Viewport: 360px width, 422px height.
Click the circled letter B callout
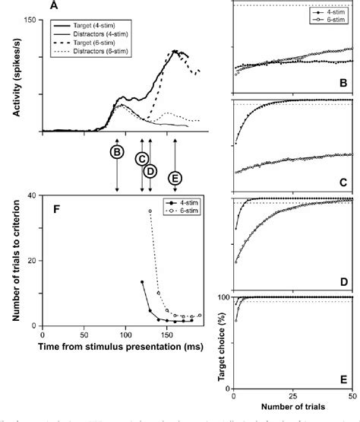(117, 152)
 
